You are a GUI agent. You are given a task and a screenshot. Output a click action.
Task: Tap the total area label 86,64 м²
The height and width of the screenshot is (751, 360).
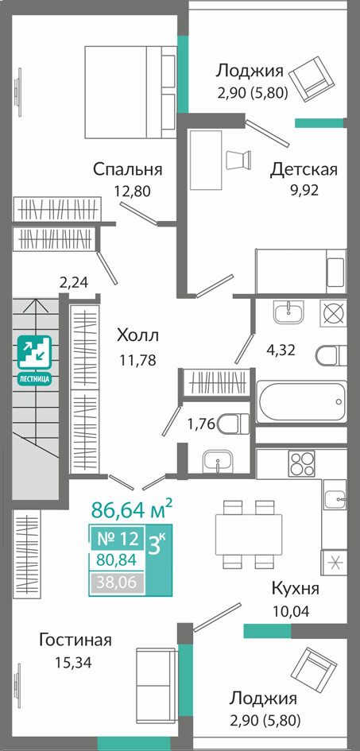pos(132,509)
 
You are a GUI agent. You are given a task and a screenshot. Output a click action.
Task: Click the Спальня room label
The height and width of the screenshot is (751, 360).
pos(128,169)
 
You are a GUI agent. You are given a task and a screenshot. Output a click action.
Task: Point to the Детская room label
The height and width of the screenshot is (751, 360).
pos(304,169)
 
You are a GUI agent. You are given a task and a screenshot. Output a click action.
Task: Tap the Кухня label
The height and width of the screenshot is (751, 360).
pos(295,587)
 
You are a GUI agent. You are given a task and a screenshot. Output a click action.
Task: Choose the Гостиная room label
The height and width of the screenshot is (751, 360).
pos(75,640)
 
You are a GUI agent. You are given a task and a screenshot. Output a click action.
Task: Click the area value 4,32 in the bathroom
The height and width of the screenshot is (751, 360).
pos(281,349)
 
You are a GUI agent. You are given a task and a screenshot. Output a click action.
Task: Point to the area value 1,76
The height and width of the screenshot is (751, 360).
pos(202,424)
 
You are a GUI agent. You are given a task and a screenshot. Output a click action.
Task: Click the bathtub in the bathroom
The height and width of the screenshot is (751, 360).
pos(301,401)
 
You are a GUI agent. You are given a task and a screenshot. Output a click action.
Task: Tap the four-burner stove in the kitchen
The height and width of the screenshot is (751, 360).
pos(301,464)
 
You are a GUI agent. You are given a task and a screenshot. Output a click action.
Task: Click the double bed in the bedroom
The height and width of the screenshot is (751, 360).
pos(130,92)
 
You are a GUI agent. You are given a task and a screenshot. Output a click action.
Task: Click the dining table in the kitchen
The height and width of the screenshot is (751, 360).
pos(249,533)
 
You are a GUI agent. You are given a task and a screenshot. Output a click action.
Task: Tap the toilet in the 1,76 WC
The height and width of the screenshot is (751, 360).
pos(234,424)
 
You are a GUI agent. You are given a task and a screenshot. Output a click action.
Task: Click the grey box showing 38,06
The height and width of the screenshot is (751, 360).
pos(117,583)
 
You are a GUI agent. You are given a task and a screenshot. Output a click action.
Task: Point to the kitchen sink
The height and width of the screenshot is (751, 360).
pos(335,500)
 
